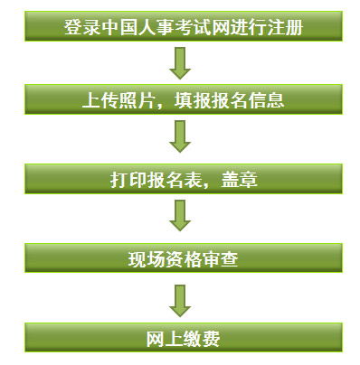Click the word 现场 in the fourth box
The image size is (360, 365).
145,260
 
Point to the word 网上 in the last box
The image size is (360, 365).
164,341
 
